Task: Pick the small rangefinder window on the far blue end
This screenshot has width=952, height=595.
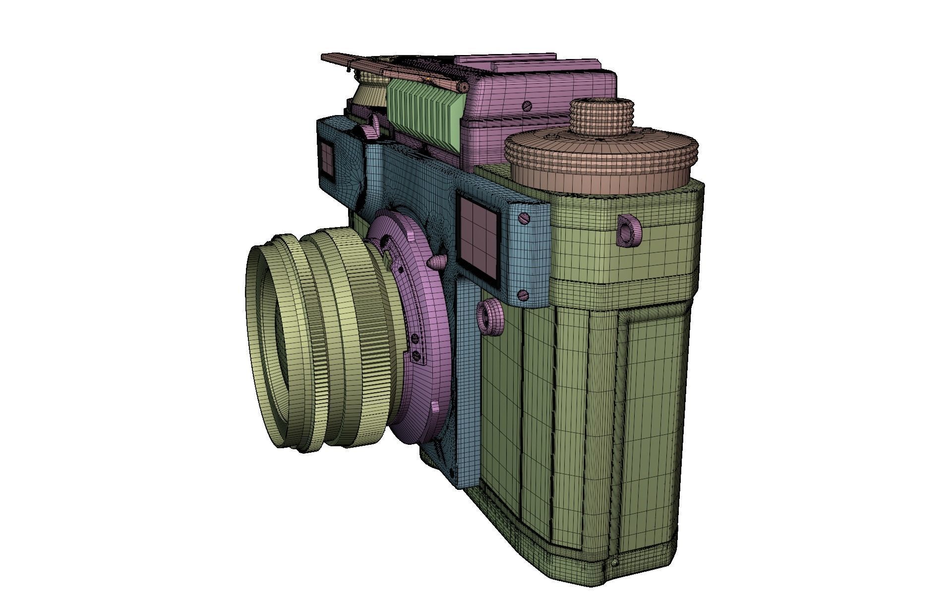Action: coord(327,159)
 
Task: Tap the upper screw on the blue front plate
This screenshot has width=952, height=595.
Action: coord(524,218)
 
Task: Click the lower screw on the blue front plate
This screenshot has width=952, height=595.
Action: coord(523,296)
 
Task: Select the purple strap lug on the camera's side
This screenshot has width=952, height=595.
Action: coord(629,230)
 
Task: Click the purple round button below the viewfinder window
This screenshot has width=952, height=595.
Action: coord(490,316)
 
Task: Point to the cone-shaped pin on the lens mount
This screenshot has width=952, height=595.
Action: coord(436,262)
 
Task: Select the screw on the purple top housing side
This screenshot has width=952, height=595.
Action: coord(527,106)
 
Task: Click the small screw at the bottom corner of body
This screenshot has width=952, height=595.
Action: coord(615,562)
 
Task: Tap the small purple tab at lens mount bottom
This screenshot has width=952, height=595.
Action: coord(434,407)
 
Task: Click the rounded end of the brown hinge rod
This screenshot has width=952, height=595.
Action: coord(463,88)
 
